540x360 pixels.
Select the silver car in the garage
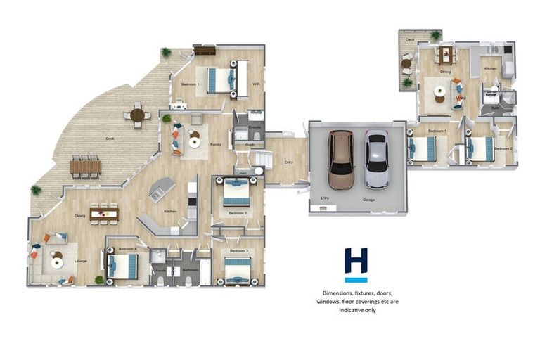(x=376, y=160)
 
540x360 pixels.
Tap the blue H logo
(x=356, y=265)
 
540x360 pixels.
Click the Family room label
(x=217, y=144)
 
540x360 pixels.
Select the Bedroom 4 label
(x=127, y=248)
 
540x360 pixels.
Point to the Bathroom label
(x=191, y=269)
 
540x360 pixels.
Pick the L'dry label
(x=326, y=199)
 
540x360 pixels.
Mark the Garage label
(x=368, y=200)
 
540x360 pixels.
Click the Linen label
(x=241, y=172)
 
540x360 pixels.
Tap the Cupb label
(x=250, y=145)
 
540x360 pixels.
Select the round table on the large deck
(x=137, y=115)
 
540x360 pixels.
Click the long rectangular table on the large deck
(x=85, y=166)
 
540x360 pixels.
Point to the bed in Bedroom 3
(x=238, y=269)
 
